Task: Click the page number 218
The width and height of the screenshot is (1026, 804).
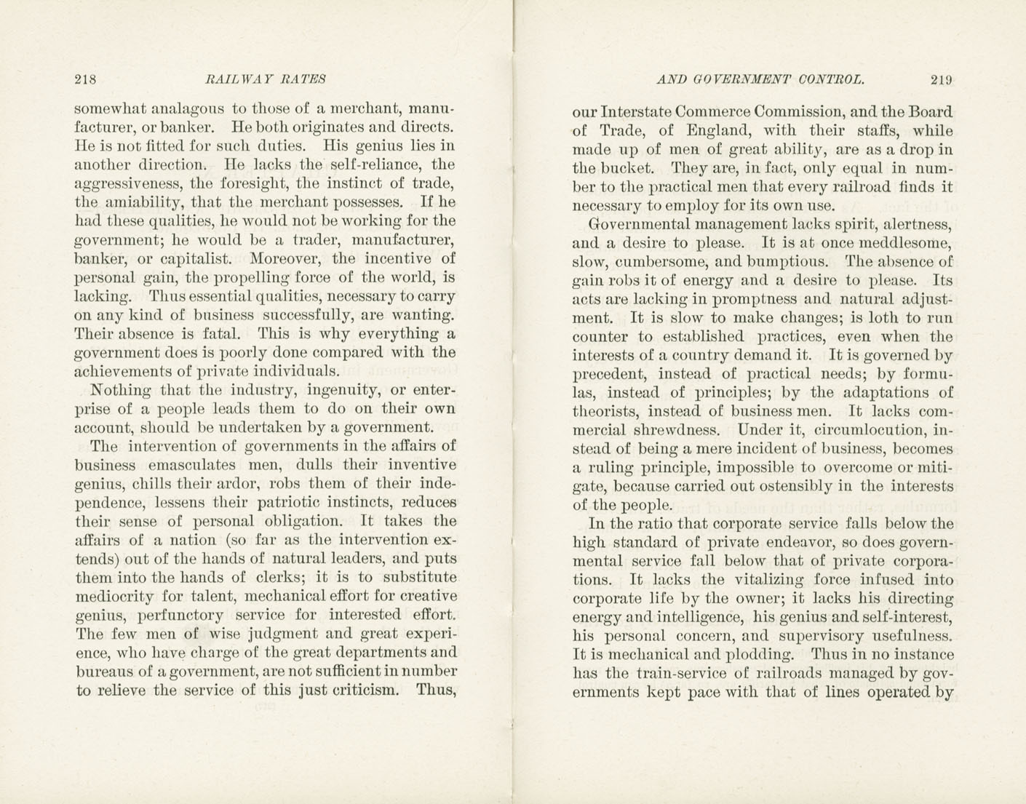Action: click(85, 79)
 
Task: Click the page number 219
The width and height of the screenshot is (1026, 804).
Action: click(941, 80)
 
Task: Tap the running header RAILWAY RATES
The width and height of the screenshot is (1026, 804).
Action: click(266, 79)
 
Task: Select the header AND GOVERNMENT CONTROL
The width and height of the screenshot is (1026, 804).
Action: click(760, 80)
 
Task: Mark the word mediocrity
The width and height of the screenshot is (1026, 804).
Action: click(115, 597)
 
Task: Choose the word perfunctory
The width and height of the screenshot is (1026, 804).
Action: click(183, 616)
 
